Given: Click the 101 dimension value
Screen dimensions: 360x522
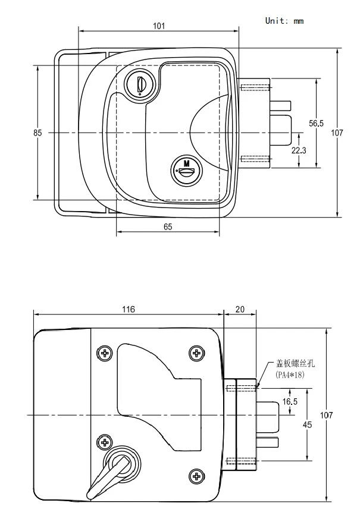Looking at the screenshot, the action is pos(159,26).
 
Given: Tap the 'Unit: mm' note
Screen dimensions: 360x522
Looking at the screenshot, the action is pos(284,21).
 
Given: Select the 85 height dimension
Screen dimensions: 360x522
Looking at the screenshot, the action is pos(37,133).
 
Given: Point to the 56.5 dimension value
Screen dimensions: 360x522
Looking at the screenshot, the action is pos(316,124).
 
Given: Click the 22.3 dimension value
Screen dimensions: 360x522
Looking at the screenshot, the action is pos(299,150).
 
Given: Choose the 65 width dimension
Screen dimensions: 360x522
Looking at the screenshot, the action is pos(168,227).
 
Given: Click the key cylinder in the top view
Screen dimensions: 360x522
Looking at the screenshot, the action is pos(140,84).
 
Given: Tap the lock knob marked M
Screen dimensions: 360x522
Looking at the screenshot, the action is pos(187,170).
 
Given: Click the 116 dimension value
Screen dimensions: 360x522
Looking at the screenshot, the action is pos(129,310).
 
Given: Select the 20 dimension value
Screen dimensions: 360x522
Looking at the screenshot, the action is pos(240,310).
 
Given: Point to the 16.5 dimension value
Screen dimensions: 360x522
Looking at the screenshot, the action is pos(290,401).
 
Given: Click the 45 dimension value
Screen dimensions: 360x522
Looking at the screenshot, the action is pos(307,424).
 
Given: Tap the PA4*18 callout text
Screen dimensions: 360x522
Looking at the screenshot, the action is pos(290,375).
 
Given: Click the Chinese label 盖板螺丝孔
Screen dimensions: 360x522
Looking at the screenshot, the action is pos(295,363).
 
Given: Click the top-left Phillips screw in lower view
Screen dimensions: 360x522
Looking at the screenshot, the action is pos(105,353).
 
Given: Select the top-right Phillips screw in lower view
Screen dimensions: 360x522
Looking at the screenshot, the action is pos(197,353).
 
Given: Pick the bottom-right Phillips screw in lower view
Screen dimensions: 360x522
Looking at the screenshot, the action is pos(197,476).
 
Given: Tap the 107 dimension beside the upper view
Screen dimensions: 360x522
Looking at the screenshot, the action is pos(337,133).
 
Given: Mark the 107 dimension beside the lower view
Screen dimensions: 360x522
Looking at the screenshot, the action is pos(326,415).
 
